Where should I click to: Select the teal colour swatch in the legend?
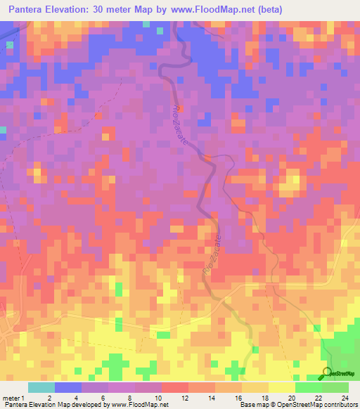click(41, 387)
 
